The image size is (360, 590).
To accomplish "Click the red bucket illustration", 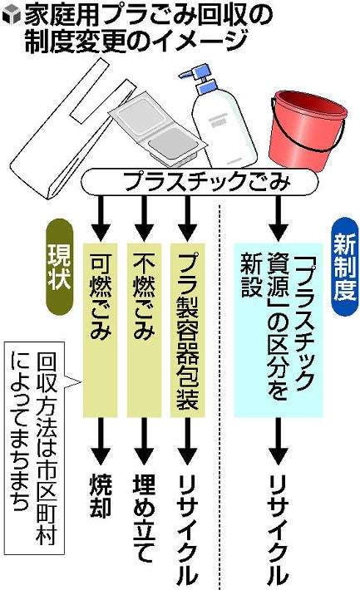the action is [x=307, y=130].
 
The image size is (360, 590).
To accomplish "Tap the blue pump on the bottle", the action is [x=200, y=78].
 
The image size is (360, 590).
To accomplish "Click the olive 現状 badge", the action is [x=60, y=267].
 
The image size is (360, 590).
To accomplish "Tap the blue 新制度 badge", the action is [x=344, y=267].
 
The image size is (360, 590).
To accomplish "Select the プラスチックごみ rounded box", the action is [x=200, y=181].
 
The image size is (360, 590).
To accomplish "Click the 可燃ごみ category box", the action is [x=100, y=330].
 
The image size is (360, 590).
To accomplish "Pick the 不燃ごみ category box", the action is [x=144, y=330].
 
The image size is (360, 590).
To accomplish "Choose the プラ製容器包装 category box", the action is [x=188, y=330].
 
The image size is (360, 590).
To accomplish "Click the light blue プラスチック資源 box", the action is [x=279, y=330].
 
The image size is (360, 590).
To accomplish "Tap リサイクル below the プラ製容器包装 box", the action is [x=188, y=530].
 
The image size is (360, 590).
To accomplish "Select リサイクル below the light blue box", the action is [x=279, y=530].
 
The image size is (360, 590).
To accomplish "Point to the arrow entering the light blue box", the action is [x=279, y=219].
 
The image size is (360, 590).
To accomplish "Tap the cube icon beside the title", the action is [x=11, y=16].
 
